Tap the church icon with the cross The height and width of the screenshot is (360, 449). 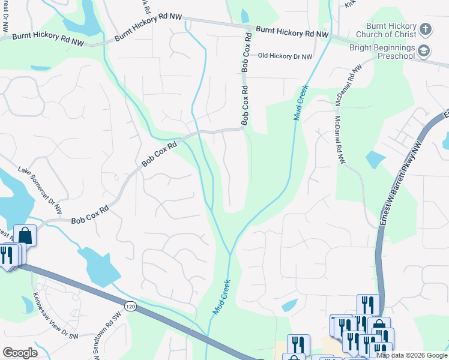coord(424,29)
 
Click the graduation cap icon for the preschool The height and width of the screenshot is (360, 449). coord(424,51)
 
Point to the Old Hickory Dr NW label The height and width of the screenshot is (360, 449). coord(285,56)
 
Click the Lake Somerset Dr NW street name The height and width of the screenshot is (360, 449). coord(40,190)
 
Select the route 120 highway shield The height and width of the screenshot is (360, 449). coord(130,307)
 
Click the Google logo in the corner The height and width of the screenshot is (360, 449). coord(19,353)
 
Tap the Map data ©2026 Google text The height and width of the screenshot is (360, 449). coord(412,355)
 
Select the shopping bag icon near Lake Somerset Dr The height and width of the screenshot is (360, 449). coord(25,235)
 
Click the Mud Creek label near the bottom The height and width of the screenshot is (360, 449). coord(221,296)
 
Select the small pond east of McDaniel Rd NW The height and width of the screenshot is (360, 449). coord(375,159)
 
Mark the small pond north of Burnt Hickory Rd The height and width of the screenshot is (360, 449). coord(244,16)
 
